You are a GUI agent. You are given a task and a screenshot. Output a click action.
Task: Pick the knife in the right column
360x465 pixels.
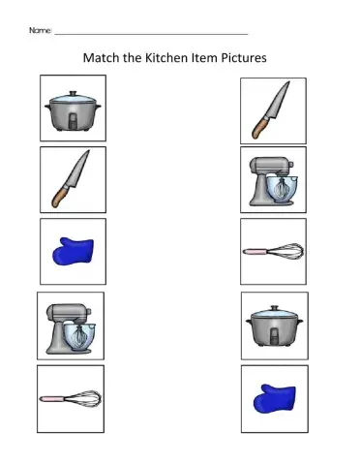coord(272,110)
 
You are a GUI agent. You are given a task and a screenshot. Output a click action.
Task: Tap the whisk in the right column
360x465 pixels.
coord(274,251)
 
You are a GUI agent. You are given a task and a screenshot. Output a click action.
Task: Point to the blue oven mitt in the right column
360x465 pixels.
coord(274,398)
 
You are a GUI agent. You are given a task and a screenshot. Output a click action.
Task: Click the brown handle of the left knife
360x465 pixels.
coord(59,197)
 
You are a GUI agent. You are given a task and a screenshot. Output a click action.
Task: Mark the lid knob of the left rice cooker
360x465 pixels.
coord(73,93)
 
